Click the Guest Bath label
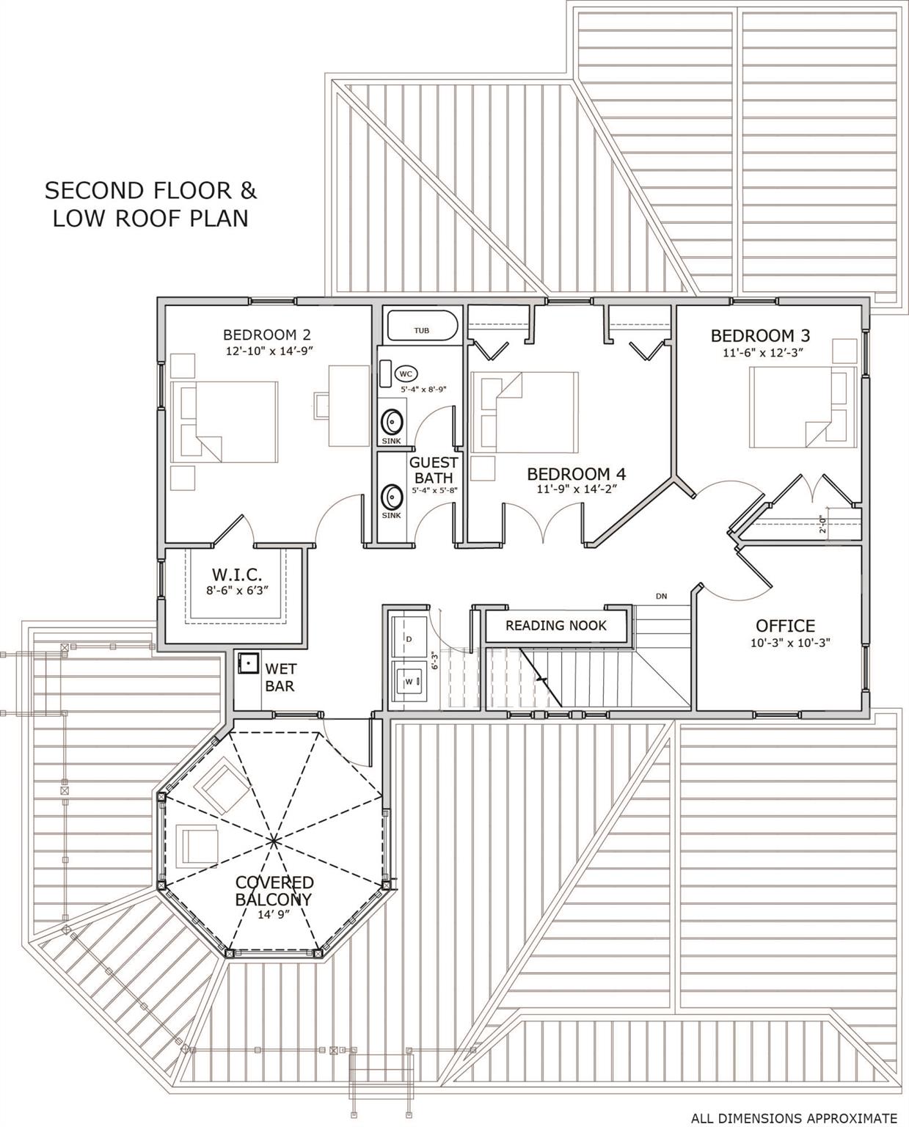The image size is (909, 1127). point(433,470)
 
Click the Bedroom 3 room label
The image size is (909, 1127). point(760,335)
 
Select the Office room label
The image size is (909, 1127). point(785,626)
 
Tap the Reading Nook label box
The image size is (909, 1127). point(556,626)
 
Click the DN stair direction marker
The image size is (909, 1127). point(661,597)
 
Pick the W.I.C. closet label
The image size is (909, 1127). point(236,574)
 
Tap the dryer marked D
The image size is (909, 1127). point(409,639)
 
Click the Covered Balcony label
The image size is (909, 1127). point(274,891)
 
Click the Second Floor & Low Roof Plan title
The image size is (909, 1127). point(150,204)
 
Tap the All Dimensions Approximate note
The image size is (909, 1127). point(794,1118)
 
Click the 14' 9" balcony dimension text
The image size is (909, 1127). point(274,914)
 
